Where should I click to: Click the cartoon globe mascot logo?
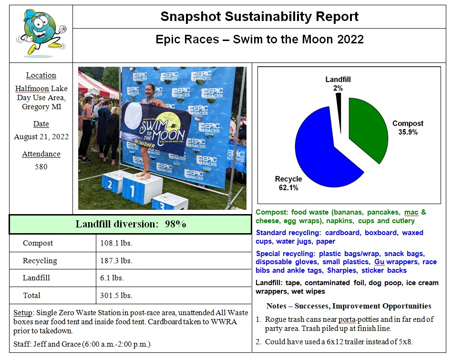[x=41, y=32]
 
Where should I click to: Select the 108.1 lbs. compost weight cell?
[x=116, y=243]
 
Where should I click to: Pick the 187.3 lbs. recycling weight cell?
[x=116, y=261]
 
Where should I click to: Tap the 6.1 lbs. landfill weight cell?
[x=112, y=278]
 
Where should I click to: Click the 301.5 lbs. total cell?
[x=116, y=296]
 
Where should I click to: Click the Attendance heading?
[x=41, y=154]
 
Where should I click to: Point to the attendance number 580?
[x=41, y=167]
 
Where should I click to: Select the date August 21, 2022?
[x=41, y=137]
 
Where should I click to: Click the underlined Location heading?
[x=41, y=75]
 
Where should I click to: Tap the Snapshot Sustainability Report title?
[x=259, y=17]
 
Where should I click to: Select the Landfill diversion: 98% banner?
[x=130, y=224]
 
